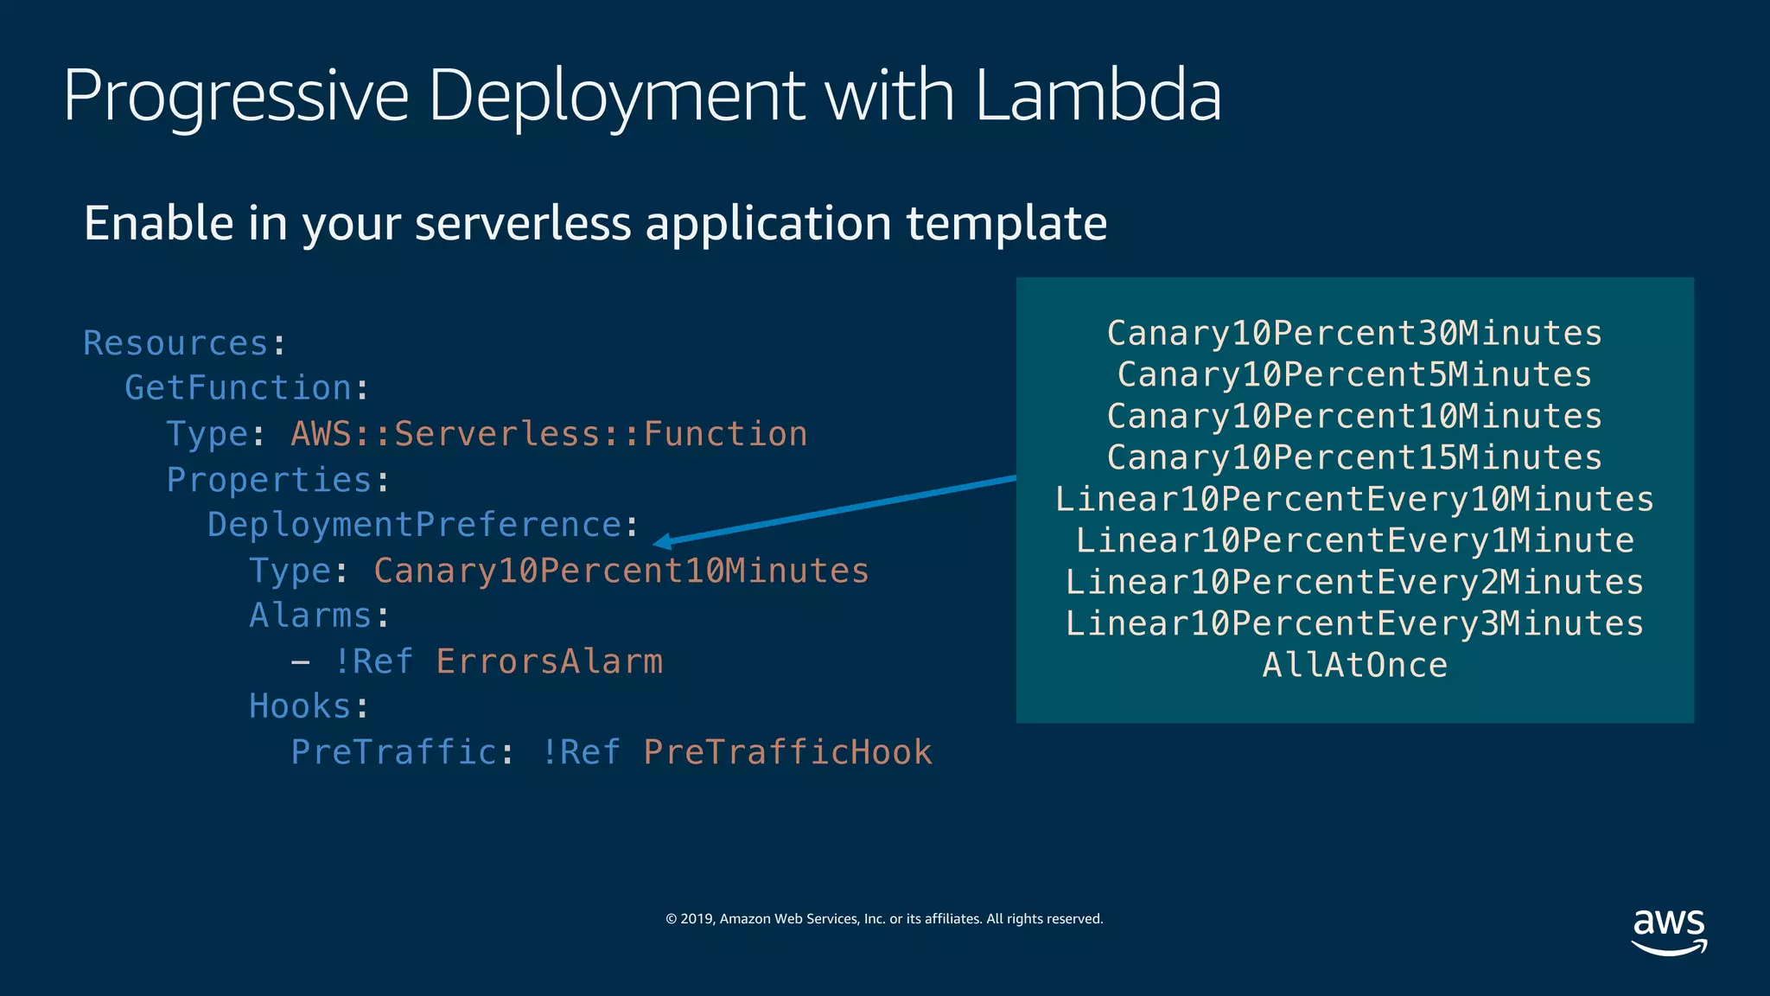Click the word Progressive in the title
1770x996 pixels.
pos(235,97)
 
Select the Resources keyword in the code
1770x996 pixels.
pos(175,343)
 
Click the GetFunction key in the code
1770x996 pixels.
pos(238,388)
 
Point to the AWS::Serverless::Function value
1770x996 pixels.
pos(549,434)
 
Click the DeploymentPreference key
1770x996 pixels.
pos(414,525)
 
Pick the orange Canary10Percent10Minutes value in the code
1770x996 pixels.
pos(621,571)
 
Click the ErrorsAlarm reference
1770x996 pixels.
pos(549,661)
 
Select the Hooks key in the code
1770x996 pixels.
pos(300,706)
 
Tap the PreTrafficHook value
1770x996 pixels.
pos(787,752)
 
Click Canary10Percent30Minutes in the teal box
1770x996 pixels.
pos(1354,334)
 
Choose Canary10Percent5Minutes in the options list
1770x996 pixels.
pos(1354,375)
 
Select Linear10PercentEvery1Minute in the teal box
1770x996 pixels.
pos(1354,541)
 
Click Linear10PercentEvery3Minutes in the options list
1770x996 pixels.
pos(1354,623)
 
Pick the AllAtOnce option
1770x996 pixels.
pos(1354,665)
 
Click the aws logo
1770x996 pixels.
pos(1669,932)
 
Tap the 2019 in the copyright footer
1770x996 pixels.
pos(697,919)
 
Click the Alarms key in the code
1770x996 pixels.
pos(310,616)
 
